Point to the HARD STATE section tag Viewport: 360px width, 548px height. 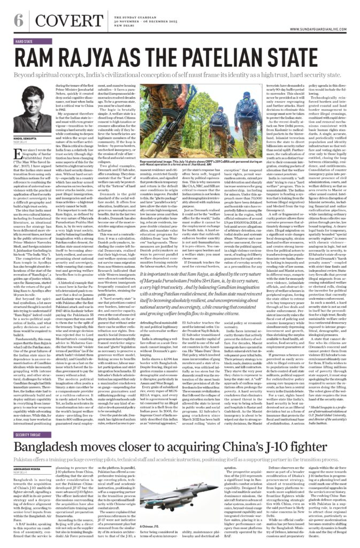tap(28, 41)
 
